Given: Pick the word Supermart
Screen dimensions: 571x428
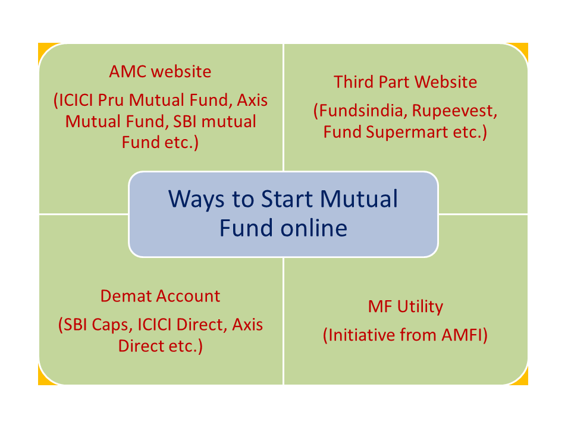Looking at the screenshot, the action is (407, 132).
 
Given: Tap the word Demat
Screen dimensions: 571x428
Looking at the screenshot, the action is (121, 296).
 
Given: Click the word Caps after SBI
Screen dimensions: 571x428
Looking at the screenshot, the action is (112, 325).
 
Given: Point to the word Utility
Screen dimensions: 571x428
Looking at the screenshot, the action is (420, 307).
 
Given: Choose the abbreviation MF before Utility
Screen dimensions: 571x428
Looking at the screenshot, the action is (380, 307).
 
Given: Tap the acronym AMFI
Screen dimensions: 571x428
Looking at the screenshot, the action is (462, 335).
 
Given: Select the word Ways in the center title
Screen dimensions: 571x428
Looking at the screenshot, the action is (196, 200).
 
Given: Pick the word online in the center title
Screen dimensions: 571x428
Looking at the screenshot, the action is (313, 228).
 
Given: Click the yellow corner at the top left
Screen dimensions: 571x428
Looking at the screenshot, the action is (43, 49).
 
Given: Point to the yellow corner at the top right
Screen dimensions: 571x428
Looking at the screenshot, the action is (523, 49).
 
